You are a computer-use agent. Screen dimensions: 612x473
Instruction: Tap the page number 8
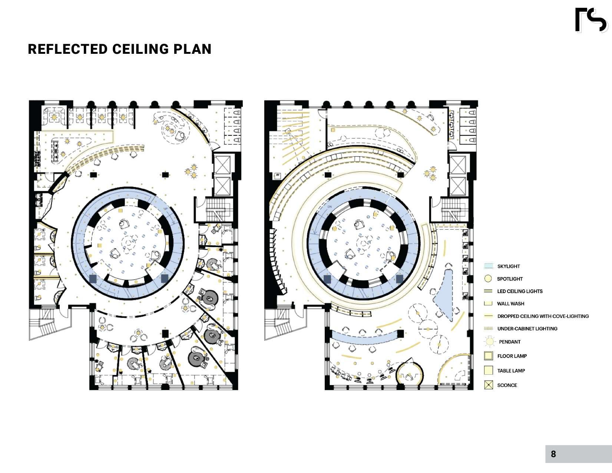pos(553,454)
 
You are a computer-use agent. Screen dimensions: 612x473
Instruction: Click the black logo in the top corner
pos(591,20)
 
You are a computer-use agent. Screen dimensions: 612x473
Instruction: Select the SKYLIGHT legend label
pos(508,266)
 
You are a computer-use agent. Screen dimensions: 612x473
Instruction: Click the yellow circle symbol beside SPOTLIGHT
pos(488,279)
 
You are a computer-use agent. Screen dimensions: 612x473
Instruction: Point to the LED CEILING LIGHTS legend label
pos(520,291)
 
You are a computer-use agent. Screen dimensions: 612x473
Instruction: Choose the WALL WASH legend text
pos(510,303)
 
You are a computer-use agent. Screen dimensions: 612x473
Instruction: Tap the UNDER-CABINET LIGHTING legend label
pos(527,329)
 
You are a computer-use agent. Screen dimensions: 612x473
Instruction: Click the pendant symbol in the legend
pos(490,341)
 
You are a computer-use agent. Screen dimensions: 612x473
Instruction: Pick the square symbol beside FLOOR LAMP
pos(489,356)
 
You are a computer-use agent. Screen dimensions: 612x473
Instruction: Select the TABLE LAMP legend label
pos(511,371)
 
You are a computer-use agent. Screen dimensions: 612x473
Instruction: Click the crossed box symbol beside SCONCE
pos(489,385)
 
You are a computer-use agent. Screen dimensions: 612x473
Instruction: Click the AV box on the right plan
pos(277,175)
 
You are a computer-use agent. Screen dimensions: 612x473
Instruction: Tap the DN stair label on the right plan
pos(330,206)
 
